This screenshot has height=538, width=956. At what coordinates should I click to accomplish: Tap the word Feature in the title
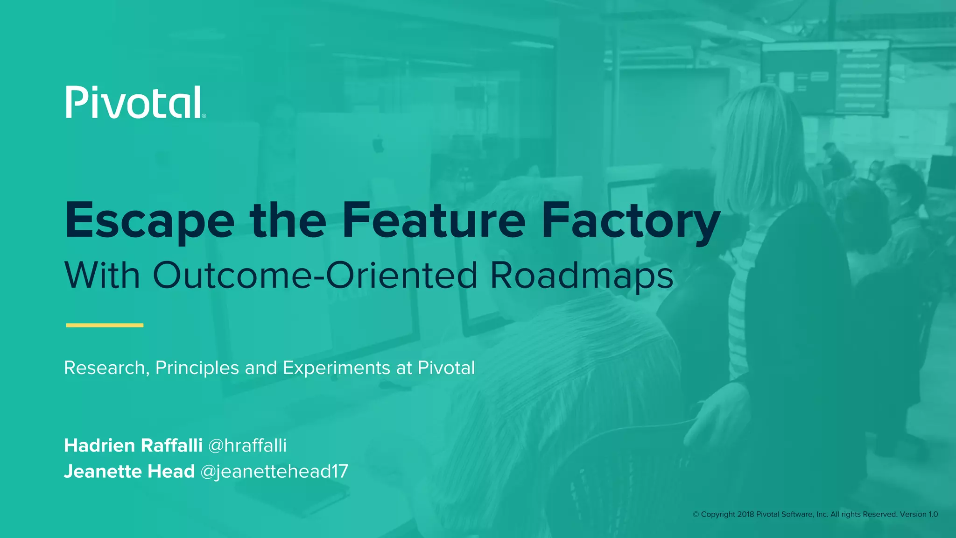434,219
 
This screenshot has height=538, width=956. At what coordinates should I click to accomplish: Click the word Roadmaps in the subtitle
582,276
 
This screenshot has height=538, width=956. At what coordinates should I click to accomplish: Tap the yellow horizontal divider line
105,325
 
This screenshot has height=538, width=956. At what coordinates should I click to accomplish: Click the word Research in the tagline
105,368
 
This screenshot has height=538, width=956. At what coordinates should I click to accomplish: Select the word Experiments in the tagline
336,368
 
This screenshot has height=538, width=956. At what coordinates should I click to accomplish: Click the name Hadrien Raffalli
133,446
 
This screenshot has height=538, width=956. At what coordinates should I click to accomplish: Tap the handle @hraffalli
247,446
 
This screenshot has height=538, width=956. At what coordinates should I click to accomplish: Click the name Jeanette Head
129,472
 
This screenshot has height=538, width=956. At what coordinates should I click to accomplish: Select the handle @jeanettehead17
274,472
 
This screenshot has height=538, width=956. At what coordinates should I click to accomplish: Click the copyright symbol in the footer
696,515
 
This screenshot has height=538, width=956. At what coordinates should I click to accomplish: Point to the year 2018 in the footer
745,514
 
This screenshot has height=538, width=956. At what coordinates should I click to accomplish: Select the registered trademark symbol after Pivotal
204,116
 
